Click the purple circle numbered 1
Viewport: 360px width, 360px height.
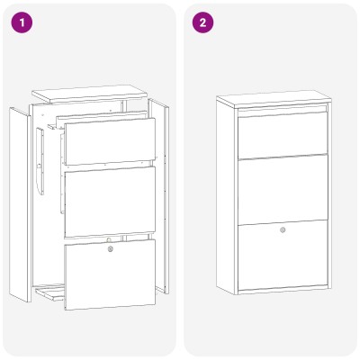[22, 22]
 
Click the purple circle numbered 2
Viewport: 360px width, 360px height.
[202, 22]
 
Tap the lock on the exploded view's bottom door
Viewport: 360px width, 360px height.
[111, 248]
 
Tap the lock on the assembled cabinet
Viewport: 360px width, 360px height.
[283, 230]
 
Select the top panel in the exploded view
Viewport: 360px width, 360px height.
[89, 94]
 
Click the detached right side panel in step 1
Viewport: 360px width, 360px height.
[159, 196]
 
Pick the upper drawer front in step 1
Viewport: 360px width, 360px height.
[110, 141]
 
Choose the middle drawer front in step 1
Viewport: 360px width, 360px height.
[110, 202]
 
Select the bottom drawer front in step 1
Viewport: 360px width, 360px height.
[110, 274]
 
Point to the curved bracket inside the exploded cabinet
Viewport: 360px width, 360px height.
[40, 161]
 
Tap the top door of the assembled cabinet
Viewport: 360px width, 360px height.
[283, 134]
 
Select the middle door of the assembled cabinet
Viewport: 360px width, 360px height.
[283, 189]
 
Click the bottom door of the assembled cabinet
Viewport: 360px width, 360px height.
[283, 255]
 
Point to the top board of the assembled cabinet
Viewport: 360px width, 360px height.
[273, 98]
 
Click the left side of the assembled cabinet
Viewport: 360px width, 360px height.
[226, 196]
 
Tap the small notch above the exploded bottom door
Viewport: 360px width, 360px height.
[109, 239]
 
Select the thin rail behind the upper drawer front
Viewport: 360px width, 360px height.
[102, 119]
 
